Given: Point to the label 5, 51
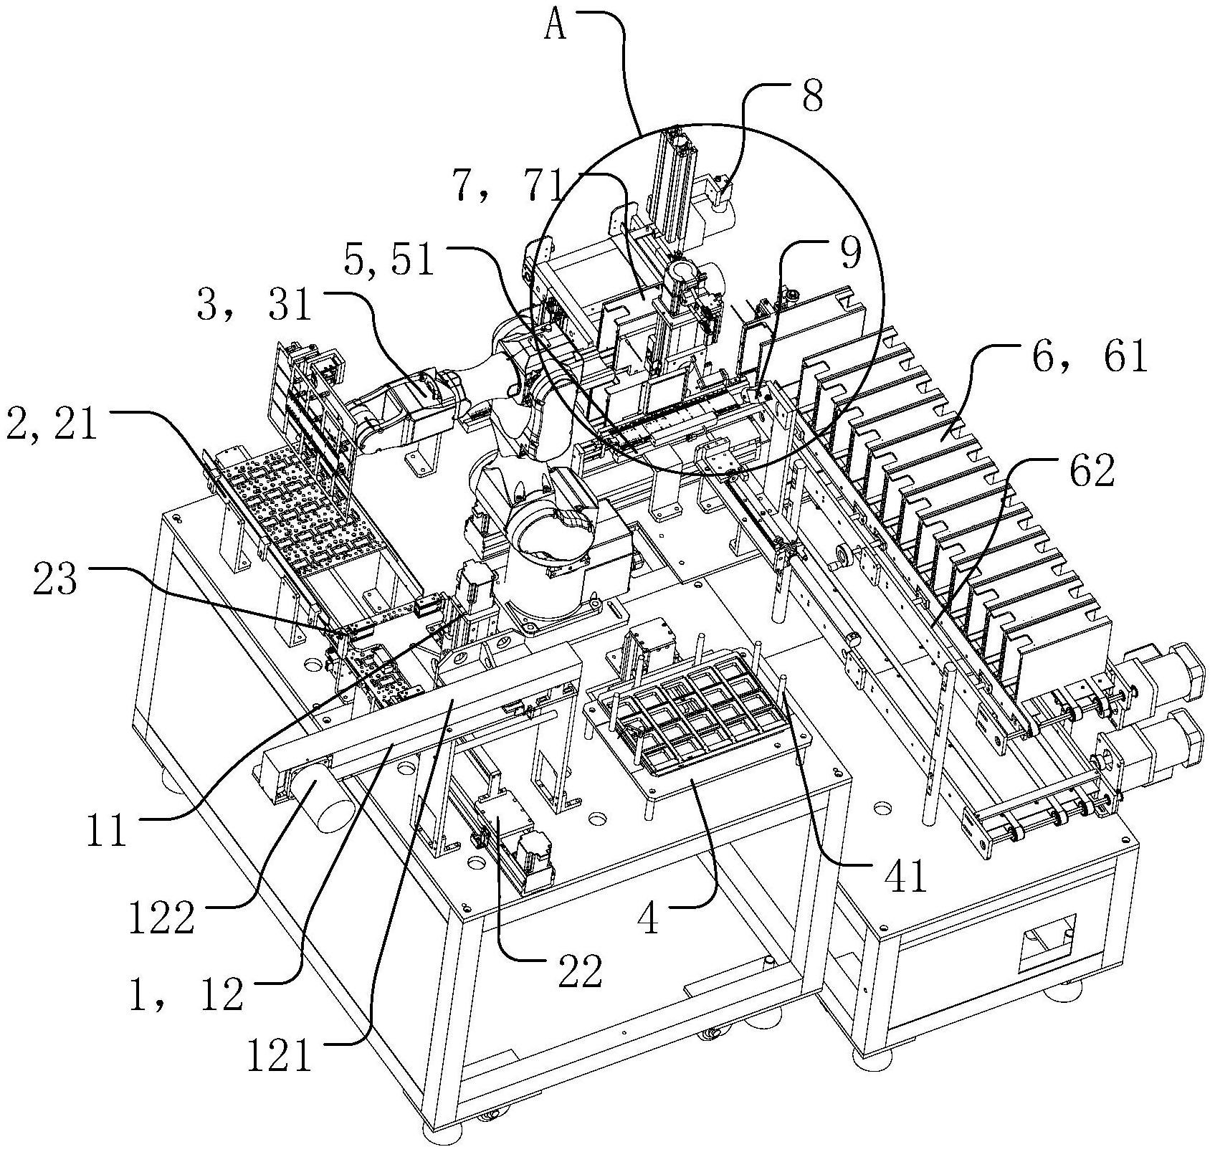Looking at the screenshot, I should pyautogui.click(x=389, y=261).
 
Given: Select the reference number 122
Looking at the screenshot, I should pyautogui.click(x=161, y=918).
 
